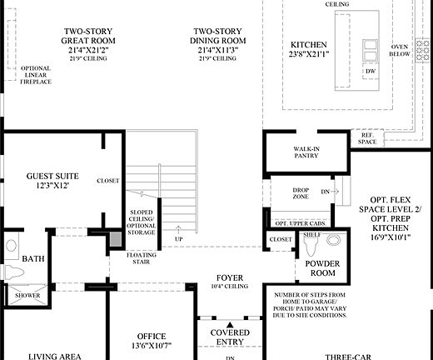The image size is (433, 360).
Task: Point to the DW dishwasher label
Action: pos(370,72)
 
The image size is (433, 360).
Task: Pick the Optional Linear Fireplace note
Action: pos(35,75)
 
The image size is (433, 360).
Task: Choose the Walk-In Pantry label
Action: pos(306,152)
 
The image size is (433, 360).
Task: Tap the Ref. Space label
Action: pos(367,138)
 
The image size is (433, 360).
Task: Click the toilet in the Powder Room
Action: pos(333,240)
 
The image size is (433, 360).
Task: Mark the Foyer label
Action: pos(229,279)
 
